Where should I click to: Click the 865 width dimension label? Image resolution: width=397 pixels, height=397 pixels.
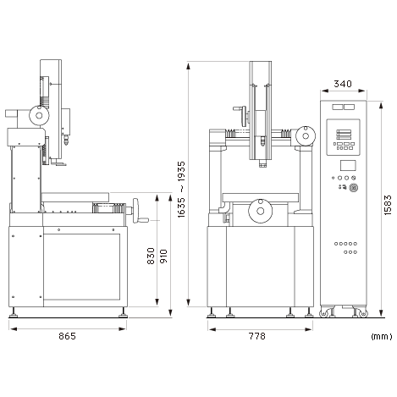pyautogui.click(x=67, y=336)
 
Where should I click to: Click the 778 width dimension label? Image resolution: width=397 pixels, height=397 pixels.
pyautogui.click(x=256, y=336)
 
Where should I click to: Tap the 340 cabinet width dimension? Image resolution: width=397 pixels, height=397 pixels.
pyautogui.click(x=343, y=84)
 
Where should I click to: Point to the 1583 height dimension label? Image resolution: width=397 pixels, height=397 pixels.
pyautogui.click(x=388, y=205)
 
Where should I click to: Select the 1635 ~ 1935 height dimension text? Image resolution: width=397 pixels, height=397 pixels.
pyautogui.click(x=181, y=190)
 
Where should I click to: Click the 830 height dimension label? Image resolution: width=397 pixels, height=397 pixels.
pyautogui.click(x=151, y=256)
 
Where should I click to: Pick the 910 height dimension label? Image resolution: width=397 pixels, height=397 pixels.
pyautogui.click(x=163, y=256)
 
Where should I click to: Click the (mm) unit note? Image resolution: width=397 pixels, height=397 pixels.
pyautogui.click(x=382, y=336)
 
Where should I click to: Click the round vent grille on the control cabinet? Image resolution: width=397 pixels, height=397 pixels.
pyautogui.click(x=354, y=187)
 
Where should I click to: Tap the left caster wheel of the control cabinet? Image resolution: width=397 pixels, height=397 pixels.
pyautogui.click(x=323, y=313)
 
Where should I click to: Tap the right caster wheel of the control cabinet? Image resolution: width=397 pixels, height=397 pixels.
pyautogui.click(x=364, y=313)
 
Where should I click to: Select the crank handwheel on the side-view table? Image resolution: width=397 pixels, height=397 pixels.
pyautogui.click(x=137, y=211)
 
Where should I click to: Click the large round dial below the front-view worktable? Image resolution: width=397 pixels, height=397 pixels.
pyautogui.click(x=261, y=211)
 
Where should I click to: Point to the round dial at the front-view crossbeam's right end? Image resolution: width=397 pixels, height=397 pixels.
pyautogui.click(x=306, y=136)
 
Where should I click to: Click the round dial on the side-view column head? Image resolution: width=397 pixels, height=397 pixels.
pyautogui.click(x=39, y=115)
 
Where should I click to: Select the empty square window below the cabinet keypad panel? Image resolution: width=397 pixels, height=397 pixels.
pyautogui.click(x=348, y=165)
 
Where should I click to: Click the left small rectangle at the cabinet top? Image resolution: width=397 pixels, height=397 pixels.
pyautogui.click(x=337, y=108)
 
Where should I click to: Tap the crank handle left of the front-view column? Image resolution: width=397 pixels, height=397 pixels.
pyautogui.click(x=241, y=116)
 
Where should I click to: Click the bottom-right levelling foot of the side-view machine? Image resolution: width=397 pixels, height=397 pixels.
pyautogui.click(x=123, y=312)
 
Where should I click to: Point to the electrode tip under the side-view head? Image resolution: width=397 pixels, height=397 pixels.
pyautogui.click(x=66, y=142)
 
